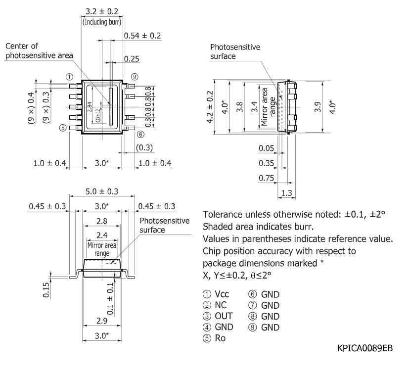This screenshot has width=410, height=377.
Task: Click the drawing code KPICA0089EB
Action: (365, 348)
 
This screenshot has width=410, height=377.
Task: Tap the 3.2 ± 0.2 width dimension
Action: (102, 11)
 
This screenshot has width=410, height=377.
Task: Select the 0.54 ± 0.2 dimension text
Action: (142, 36)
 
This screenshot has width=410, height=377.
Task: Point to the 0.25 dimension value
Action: (132, 59)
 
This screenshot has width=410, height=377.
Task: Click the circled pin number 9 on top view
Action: (135, 77)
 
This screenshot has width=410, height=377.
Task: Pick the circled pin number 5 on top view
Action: (63, 128)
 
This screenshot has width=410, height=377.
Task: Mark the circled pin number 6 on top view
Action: (140, 135)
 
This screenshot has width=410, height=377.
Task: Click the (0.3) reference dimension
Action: (144, 147)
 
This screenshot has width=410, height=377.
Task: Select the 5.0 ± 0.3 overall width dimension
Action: (102, 191)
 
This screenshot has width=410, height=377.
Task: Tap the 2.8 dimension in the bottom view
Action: (102, 221)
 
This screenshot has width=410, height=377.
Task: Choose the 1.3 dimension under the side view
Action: (286, 193)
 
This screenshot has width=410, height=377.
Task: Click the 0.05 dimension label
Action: (266, 148)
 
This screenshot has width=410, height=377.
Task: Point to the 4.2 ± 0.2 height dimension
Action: (210, 107)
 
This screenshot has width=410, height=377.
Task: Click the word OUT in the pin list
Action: (224, 316)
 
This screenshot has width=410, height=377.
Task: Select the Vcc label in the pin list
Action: (222, 294)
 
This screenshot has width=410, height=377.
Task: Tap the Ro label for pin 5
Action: (220, 338)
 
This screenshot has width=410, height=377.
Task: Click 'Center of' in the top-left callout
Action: (22, 46)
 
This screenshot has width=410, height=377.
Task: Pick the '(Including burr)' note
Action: (102, 22)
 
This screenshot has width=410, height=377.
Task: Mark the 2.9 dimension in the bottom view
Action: (102, 321)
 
